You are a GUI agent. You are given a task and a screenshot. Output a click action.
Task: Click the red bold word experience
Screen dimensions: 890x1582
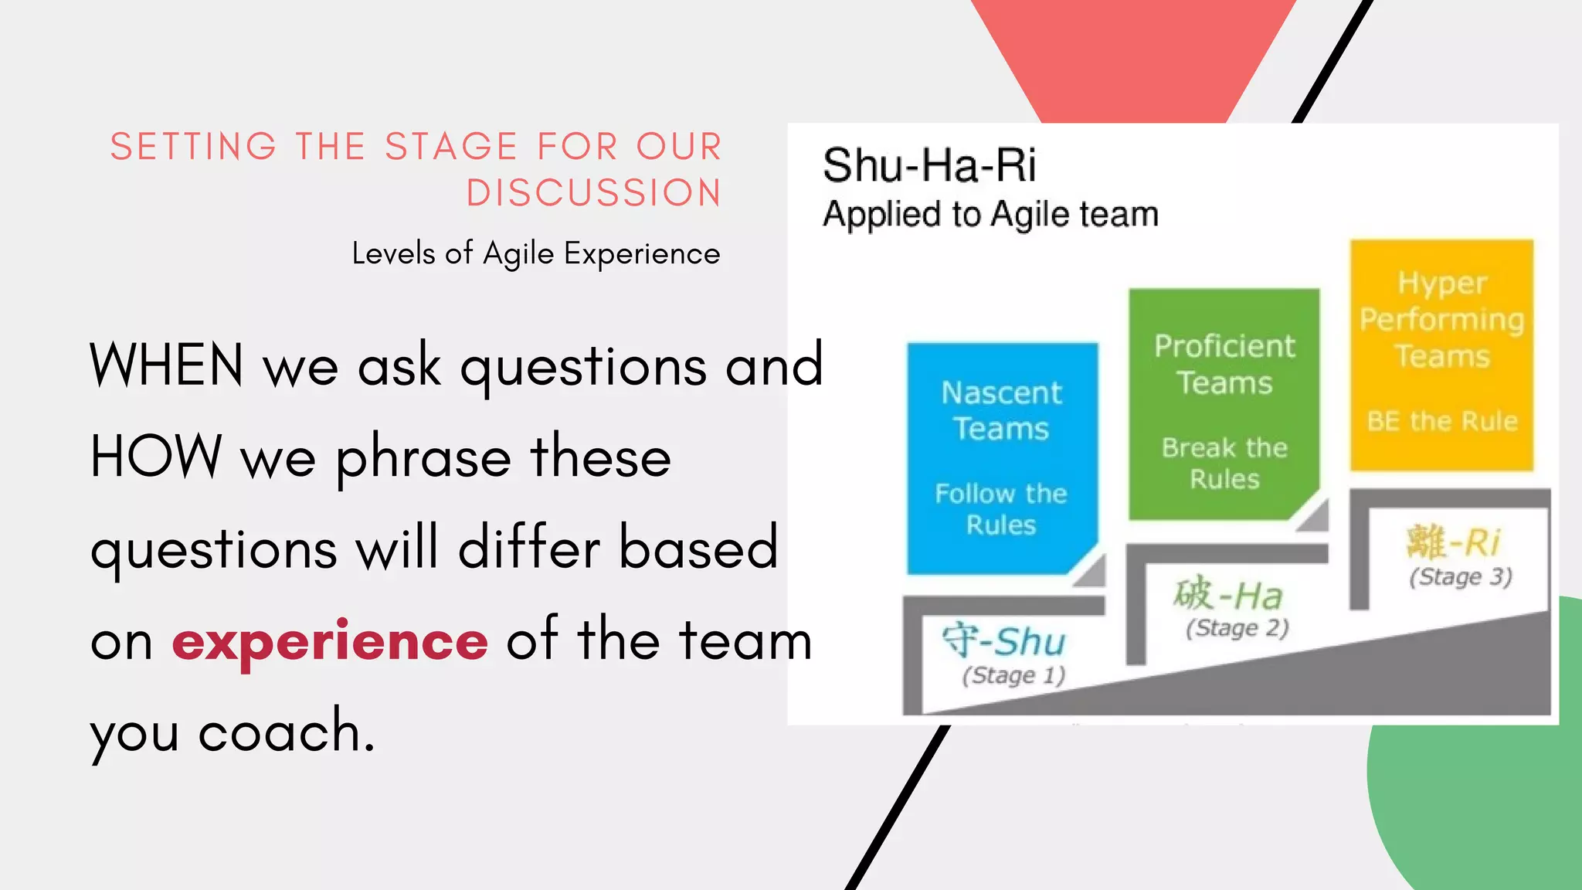(x=330, y=641)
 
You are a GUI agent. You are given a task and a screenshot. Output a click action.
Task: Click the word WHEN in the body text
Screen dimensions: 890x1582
(x=167, y=365)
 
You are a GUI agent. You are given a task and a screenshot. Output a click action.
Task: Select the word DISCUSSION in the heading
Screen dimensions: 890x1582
(x=593, y=193)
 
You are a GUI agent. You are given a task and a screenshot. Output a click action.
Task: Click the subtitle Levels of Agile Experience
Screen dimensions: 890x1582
(x=535, y=254)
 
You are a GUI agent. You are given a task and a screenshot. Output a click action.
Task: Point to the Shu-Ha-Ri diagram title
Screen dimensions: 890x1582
(x=929, y=165)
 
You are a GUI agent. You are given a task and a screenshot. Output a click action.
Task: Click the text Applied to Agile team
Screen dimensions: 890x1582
(x=990, y=214)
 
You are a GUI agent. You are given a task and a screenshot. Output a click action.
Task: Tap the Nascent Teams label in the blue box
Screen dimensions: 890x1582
(x=1001, y=411)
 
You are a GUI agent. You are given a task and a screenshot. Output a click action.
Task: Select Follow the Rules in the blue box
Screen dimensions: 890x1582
(x=1001, y=509)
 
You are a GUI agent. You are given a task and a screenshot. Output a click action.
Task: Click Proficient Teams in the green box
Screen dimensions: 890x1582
(x=1224, y=365)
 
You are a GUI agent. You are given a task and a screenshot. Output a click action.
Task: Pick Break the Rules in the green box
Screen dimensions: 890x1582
(x=1224, y=464)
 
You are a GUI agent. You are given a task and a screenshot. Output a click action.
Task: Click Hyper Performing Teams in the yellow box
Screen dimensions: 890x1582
(x=1441, y=320)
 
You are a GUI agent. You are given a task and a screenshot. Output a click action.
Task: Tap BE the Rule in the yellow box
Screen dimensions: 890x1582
(x=1441, y=422)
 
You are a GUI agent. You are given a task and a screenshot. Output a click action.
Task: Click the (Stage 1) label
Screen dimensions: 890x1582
(x=1013, y=676)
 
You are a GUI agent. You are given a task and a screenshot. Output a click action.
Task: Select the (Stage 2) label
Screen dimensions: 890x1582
(x=1237, y=628)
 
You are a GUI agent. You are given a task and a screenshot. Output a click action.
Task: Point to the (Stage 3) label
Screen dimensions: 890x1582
(x=1460, y=577)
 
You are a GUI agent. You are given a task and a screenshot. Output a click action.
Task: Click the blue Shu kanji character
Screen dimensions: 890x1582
(x=960, y=640)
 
